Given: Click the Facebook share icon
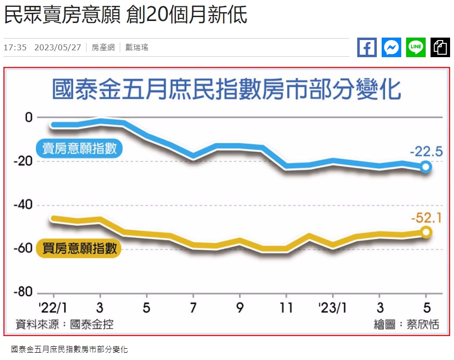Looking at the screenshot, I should pos(367,47).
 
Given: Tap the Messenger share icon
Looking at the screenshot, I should pos(391,47).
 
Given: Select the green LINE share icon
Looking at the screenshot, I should pos(416,47).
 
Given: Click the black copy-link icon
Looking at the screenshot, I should pos(440,47).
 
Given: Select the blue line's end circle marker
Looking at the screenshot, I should pos(426,167).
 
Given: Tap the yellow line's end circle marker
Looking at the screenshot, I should pos(426,232).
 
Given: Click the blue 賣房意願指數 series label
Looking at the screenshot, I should pos(79,149).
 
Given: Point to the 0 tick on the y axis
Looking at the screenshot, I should pos(29,117).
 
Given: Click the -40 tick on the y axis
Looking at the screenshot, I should pos(23,205).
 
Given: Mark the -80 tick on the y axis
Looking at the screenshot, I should pos(23,293).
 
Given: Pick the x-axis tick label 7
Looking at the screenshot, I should pos(193,308).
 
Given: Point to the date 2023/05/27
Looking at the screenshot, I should pos(57,47).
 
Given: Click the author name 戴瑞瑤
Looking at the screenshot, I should pos(137,47).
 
